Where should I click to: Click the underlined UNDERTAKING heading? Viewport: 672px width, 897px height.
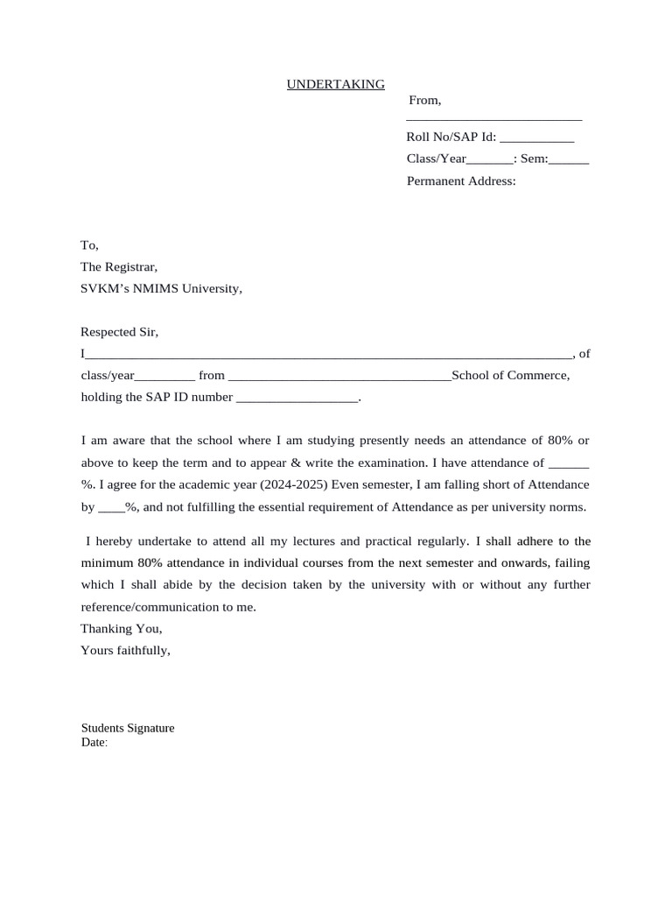[336, 84]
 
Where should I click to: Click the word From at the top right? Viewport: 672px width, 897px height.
[424, 102]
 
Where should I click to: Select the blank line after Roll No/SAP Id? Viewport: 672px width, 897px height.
[536, 138]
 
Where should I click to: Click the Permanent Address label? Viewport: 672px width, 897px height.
[461, 181]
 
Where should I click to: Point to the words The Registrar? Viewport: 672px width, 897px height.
[119, 267]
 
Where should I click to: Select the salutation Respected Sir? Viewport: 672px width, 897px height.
[120, 333]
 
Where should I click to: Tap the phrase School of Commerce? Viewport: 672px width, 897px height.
[509, 376]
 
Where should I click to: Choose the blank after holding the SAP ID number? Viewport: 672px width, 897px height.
[297, 398]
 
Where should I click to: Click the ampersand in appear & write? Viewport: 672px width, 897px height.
[308, 463]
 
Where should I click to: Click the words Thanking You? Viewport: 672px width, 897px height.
[122, 629]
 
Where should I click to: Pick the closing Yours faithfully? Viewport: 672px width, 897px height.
[125, 650]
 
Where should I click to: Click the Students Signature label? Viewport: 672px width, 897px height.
[128, 728]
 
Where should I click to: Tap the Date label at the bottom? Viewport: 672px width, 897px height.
[94, 743]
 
